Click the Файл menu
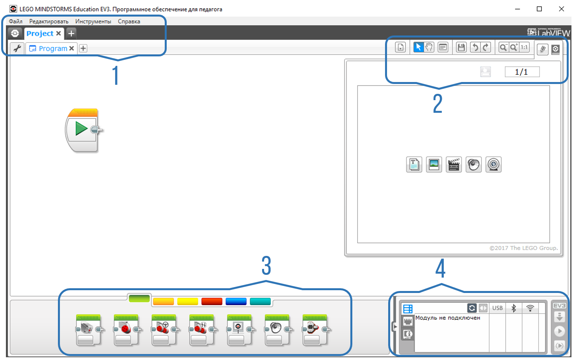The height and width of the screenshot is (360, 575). [x=15, y=21]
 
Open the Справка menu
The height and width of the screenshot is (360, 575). [x=129, y=21]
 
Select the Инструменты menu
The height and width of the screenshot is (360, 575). [x=93, y=21]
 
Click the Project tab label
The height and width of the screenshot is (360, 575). [x=40, y=34]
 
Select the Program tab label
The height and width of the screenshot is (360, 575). [x=53, y=48]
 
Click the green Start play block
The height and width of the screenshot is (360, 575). [x=81, y=129]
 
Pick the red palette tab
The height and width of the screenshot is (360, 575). [x=212, y=302]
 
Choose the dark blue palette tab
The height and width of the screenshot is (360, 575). [x=236, y=302]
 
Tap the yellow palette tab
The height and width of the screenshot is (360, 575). [x=188, y=302]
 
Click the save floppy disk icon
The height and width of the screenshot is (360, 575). [x=461, y=47]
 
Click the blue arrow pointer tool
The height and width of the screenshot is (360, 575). [x=418, y=47]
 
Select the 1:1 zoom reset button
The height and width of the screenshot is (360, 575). [x=524, y=47]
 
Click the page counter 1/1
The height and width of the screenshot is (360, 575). [x=521, y=72]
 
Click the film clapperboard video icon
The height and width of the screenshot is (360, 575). [x=454, y=164]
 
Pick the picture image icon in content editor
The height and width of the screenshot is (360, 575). [x=434, y=164]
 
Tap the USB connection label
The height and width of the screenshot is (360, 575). [x=497, y=308]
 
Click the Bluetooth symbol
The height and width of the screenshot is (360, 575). [x=514, y=308]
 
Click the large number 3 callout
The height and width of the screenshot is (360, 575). [x=266, y=266]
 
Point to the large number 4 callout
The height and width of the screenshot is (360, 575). [x=440, y=269]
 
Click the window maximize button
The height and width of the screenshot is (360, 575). [x=539, y=9]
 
